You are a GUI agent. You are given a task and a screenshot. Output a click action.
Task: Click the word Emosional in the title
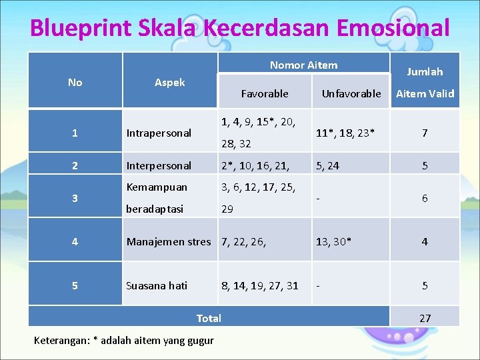point(393,28)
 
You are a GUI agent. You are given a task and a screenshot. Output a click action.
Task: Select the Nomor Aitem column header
point(303,65)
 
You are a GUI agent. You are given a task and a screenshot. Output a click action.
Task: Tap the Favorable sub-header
point(265,93)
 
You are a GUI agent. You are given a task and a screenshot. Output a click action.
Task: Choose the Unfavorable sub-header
point(351,93)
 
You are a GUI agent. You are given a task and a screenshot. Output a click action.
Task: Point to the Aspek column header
point(170,82)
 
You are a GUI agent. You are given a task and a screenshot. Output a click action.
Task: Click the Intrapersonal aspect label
point(159,133)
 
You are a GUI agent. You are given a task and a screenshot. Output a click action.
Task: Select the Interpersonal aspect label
point(159,165)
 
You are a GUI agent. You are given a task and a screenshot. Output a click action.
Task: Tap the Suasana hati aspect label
point(157,285)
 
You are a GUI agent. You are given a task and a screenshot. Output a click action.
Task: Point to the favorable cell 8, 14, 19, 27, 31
point(260,285)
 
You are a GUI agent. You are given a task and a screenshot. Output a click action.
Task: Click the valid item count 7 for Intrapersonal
point(425,133)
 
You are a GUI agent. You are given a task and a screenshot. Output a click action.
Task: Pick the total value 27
point(425,318)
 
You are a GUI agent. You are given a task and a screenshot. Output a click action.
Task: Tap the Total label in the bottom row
point(209,318)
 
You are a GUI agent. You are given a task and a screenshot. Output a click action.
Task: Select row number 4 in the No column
point(75,241)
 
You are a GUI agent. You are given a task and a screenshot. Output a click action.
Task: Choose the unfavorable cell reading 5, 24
point(327,165)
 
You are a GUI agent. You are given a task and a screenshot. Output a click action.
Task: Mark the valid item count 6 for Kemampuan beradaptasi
point(425,199)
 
